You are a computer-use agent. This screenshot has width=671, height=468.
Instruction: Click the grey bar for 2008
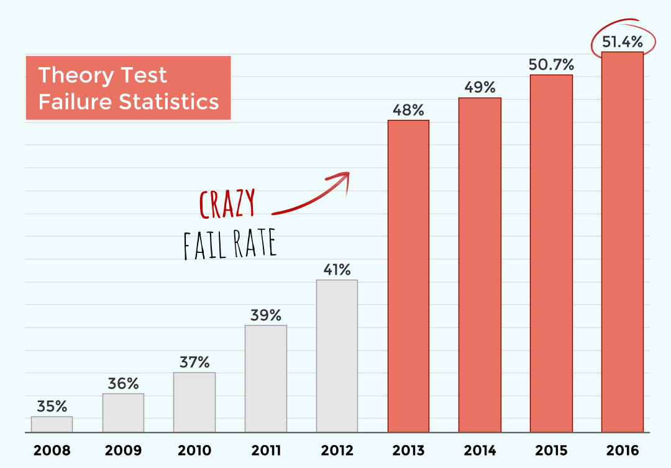tap(52, 424)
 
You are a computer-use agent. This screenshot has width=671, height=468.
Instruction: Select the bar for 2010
tap(194, 402)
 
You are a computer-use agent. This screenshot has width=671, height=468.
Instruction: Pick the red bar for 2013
tap(408, 276)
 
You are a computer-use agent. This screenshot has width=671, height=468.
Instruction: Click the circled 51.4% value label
tap(622, 42)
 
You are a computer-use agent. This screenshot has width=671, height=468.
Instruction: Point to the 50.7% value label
tap(551, 64)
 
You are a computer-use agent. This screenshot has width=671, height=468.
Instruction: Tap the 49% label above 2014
tap(480, 87)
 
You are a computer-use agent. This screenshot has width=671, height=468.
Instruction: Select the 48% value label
tap(408, 110)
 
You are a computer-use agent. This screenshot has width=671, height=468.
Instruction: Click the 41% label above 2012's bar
tap(337, 270)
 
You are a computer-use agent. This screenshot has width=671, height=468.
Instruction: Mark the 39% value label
tap(266, 315)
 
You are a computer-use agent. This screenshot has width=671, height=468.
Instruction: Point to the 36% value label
tap(123, 383)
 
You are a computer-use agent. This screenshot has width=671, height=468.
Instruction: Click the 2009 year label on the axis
tap(123, 450)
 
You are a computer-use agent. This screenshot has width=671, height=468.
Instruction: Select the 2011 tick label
tap(266, 450)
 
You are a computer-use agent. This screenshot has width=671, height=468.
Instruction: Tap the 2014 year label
tap(480, 450)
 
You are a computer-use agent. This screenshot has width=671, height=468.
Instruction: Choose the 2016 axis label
tap(622, 450)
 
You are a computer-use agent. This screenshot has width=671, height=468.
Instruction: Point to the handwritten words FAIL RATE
tap(229, 245)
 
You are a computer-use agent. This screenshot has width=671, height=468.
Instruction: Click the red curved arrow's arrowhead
tap(344, 177)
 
